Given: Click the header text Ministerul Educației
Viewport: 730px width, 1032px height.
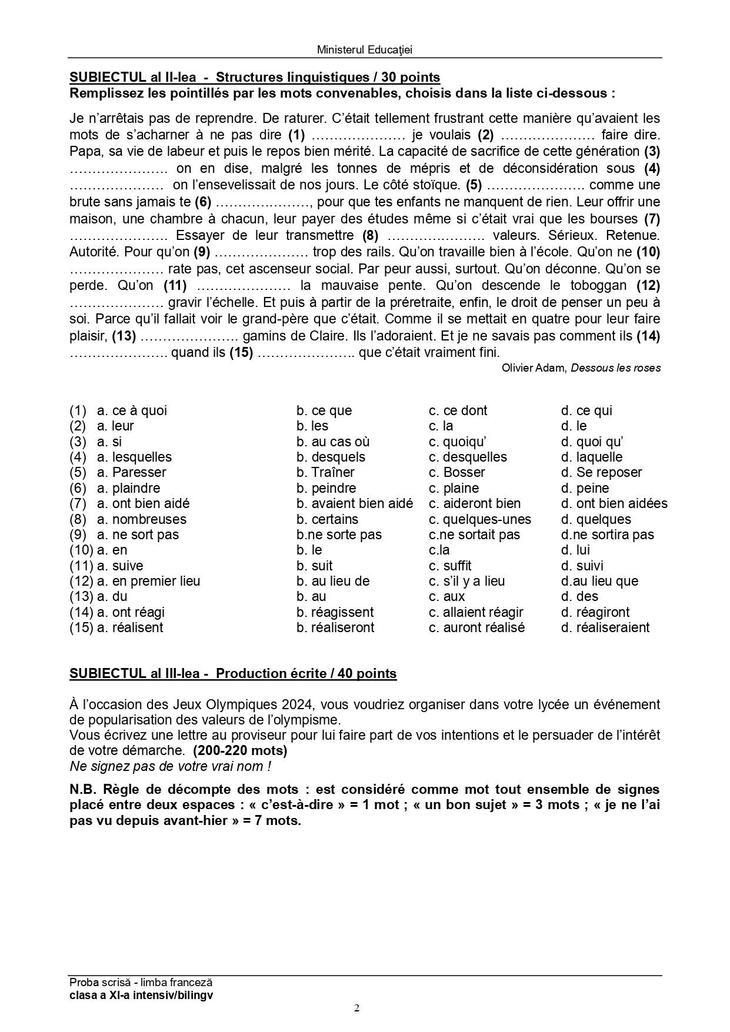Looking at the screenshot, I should tap(364, 50).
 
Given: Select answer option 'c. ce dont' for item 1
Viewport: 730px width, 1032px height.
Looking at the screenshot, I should tap(458, 410).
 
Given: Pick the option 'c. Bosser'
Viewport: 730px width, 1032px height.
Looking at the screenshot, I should tap(456, 472).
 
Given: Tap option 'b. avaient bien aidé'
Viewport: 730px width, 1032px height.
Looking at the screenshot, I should tap(354, 503).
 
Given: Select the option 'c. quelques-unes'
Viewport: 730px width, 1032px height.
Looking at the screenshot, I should tap(479, 519).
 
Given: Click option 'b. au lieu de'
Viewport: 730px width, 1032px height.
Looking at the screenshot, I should tap(333, 581).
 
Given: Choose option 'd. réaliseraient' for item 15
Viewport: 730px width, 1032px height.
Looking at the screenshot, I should tap(605, 627).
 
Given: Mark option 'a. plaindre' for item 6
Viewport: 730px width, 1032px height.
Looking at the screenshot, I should tap(128, 488).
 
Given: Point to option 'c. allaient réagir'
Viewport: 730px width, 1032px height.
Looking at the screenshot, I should tap(475, 612).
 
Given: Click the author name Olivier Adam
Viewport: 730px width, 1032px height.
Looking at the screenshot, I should tap(534, 368).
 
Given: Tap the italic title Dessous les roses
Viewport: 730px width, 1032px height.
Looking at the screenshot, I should tap(615, 368).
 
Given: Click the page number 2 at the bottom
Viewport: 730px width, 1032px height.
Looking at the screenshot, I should tap(357, 1008).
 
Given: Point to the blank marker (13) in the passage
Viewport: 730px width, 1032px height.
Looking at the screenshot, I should tap(124, 336).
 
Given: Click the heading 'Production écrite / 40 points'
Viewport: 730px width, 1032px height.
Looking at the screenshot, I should tap(306, 673).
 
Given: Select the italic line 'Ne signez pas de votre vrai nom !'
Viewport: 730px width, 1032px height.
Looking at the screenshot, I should tap(171, 766).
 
